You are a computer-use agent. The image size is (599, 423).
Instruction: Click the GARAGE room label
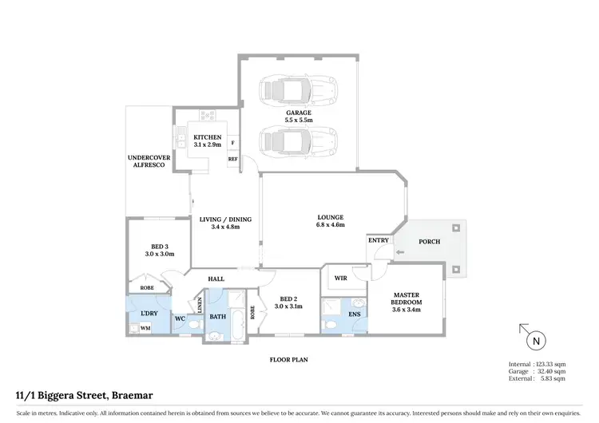[x=299, y=113]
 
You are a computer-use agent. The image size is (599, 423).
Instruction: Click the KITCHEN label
[x=208, y=137]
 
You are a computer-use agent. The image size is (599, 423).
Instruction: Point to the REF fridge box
[x=233, y=160]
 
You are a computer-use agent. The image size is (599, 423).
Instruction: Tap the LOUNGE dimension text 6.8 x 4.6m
[x=330, y=227]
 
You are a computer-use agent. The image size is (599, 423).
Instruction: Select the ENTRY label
[x=379, y=240]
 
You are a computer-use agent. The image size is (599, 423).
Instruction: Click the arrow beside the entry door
[x=400, y=254]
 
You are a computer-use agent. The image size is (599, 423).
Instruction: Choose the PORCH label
[x=429, y=242]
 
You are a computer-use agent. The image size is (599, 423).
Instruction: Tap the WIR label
[x=339, y=279]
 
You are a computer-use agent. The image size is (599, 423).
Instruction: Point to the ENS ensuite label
[x=355, y=314]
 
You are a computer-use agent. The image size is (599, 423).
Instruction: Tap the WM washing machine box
[x=145, y=327]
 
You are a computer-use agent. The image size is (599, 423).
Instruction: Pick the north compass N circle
[x=535, y=341]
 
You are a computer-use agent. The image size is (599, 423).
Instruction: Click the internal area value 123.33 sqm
[x=549, y=364]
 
